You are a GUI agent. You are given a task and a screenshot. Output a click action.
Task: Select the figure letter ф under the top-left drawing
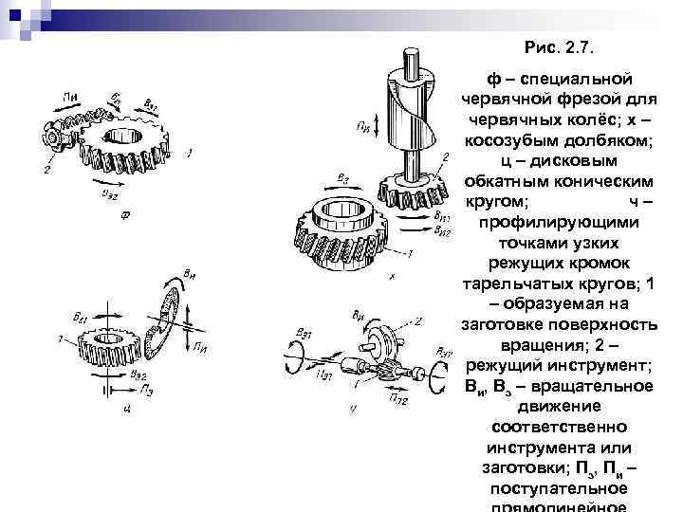click(125, 214)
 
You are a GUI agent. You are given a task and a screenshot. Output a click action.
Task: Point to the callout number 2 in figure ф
click(47, 171)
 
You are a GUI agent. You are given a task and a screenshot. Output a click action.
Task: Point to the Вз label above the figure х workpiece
click(341, 177)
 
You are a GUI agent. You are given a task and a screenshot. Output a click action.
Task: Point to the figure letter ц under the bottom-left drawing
click(125, 408)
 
